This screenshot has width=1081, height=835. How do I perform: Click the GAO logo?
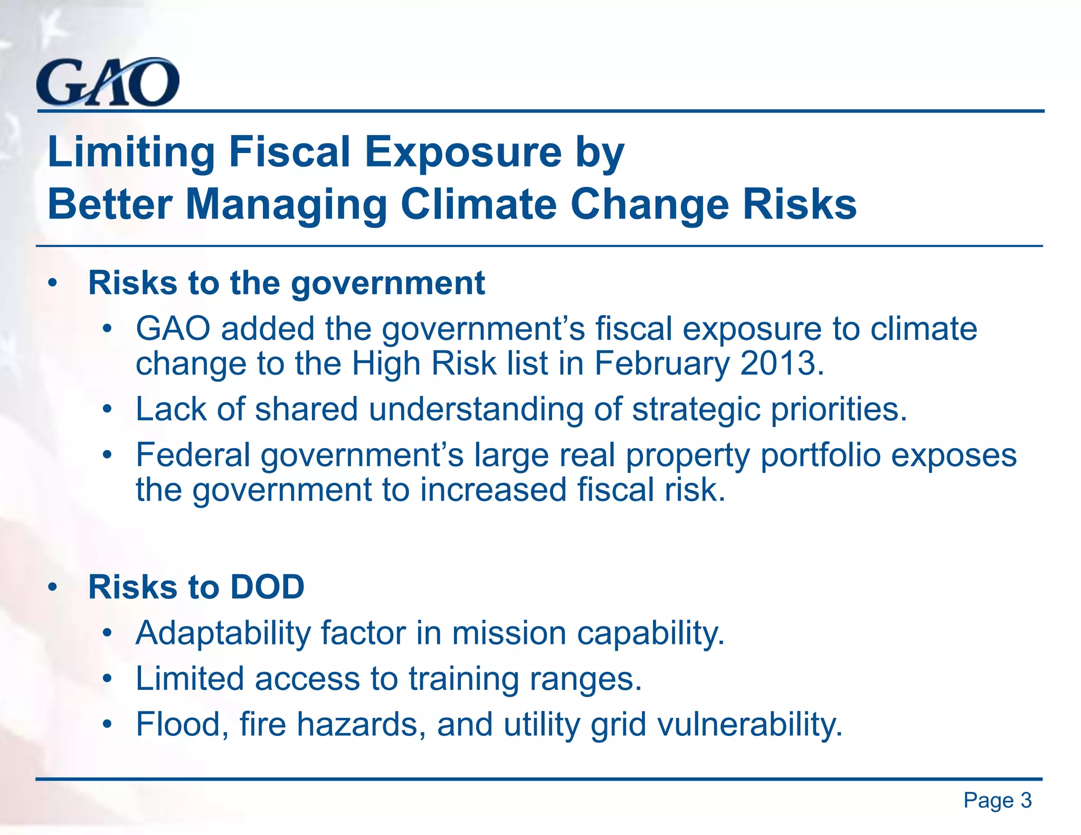pos(108,82)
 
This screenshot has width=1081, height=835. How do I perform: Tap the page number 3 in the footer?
pos(1026,801)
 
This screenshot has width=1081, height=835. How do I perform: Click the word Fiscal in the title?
pos(291,151)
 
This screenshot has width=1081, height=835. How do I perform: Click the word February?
pos(662,364)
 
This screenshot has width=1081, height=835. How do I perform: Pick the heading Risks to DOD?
pos(196,587)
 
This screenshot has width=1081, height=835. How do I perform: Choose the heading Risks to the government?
pos(286,283)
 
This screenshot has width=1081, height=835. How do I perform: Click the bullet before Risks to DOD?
pos(52,587)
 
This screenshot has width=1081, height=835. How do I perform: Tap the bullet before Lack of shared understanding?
pos(108,410)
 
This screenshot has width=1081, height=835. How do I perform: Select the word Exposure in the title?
pos(463,151)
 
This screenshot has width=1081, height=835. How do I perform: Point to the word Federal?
pos(193,454)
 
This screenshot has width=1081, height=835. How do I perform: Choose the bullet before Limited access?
pos(108,679)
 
